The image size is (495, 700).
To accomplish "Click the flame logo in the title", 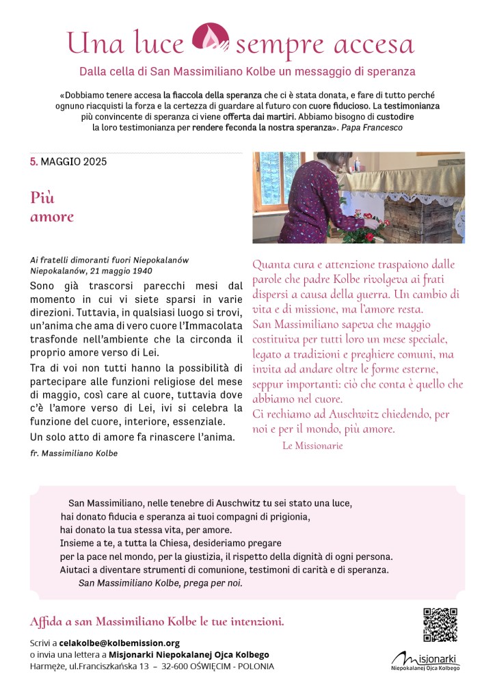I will [210, 40].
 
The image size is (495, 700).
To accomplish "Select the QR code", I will [440, 624].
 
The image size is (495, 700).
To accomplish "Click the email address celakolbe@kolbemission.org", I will [120, 643].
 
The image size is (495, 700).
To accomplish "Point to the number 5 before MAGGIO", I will [33, 162].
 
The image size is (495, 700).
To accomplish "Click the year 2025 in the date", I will [94, 162].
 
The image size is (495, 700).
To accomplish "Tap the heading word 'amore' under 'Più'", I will [51, 217].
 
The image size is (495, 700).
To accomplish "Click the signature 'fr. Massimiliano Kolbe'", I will [75, 453].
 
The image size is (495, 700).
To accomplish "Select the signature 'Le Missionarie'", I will [312, 446].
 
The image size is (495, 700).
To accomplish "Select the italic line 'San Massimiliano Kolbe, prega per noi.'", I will [161, 583].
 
